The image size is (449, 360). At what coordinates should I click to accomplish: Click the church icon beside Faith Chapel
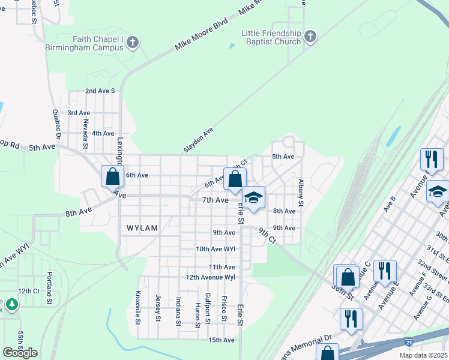[x=133, y=42]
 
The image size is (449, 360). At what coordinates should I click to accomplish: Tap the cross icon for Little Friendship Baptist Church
[x=310, y=37]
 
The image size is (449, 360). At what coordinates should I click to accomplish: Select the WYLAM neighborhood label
[x=141, y=228]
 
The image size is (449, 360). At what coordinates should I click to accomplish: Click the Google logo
[x=20, y=352]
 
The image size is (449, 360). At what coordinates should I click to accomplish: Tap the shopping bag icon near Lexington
[x=112, y=177]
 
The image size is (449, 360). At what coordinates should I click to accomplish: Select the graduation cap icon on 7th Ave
[x=253, y=197]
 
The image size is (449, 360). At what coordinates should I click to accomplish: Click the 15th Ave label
[x=221, y=340]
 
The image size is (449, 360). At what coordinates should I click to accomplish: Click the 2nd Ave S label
[x=100, y=91]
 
